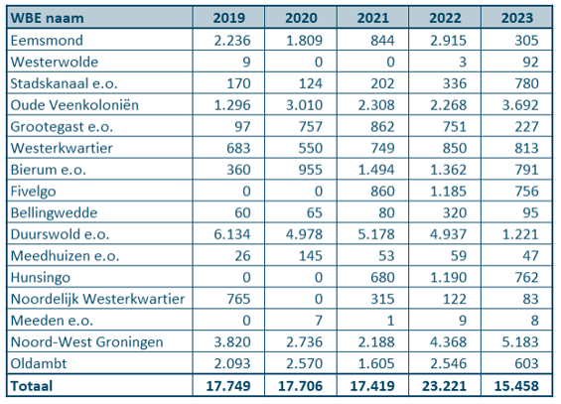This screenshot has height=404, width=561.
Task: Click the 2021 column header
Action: tap(372, 18)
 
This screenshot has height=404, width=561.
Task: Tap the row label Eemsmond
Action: tap(47, 40)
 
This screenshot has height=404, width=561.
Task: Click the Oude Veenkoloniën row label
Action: tap(74, 105)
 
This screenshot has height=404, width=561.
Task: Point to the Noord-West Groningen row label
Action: tap(86, 341)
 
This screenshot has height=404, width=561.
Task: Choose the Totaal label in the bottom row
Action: tap(32, 386)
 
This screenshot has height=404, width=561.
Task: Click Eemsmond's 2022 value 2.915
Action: tap(448, 41)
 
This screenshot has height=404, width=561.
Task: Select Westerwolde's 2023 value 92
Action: tap(530, 62)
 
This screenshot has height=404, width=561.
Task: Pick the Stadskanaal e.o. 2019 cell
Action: tap(238, 83)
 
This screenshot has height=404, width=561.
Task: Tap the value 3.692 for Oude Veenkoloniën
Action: tap(520, 105)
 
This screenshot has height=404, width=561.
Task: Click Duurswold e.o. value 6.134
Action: tap(232, 234)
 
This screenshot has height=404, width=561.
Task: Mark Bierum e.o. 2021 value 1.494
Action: tap(376, 170)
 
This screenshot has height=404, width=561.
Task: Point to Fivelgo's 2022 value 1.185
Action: tap(448, 192)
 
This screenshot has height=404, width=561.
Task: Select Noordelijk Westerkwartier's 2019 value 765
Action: tap(238, 299)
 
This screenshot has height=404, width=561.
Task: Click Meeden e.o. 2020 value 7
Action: tap(319, 321)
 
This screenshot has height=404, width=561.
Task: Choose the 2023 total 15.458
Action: tap(516, 386)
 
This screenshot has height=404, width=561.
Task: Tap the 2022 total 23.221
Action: tap(445, 386)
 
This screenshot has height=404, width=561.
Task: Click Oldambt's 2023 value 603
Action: tap(526, 363)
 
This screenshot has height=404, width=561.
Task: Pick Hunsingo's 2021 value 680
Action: tap(383, 277)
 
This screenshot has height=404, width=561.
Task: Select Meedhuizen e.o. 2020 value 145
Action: tap(311, 256)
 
